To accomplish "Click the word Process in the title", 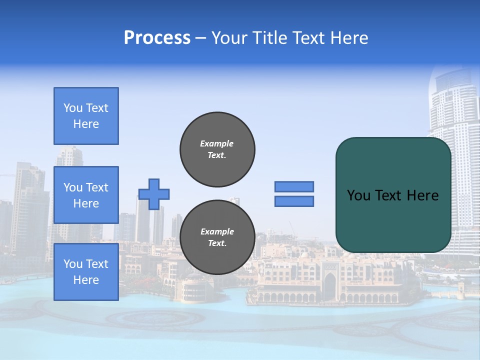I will point(157,38).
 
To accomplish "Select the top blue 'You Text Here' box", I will point(86,116).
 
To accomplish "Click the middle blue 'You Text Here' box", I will point(86,195).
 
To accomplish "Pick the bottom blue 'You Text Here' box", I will point(86,272).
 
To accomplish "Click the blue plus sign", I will point(154,194).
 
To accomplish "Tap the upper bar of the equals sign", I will point(294,186).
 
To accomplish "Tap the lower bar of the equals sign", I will point(294,201).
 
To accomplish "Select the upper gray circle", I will point(217,149).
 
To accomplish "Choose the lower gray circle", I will point(217,237).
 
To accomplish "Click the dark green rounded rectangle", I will point(393,195).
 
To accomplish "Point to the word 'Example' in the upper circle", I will point(216,143).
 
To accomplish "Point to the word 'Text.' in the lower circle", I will point(217,243).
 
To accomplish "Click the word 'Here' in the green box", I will point(422,195).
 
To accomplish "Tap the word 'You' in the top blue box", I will point(73,108).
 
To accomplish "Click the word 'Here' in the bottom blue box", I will point(86,280).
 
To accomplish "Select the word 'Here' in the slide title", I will point(349,38).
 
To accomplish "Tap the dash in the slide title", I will point(201,38).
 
